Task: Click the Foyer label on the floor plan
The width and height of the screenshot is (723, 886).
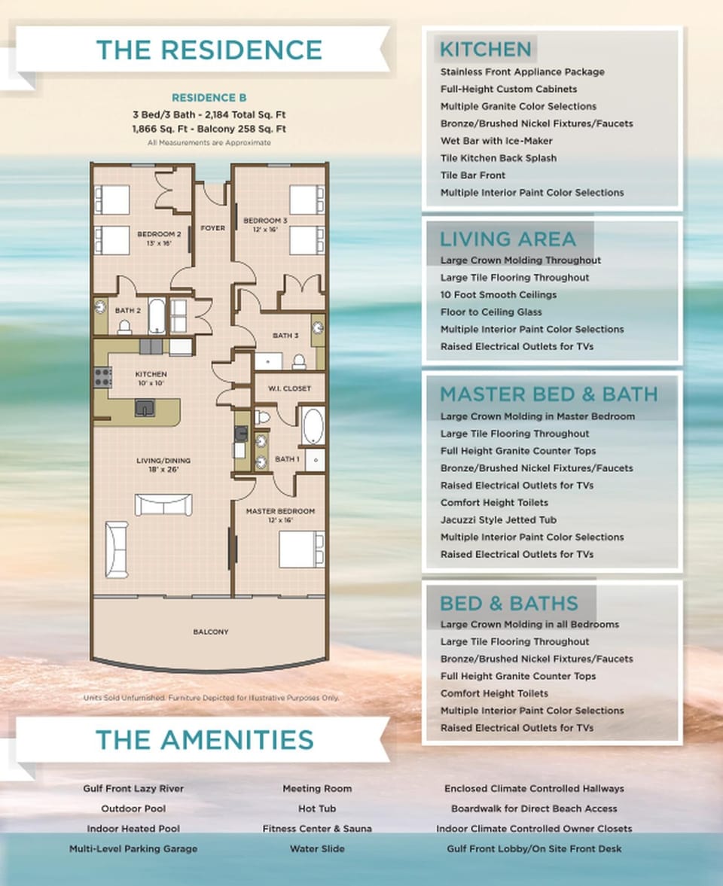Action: (x=212, y=228)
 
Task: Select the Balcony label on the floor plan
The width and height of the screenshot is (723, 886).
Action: (x=210, y=632)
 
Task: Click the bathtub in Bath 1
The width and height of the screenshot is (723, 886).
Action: (x=313, y=426)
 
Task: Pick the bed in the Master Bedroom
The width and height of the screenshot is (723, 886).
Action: (x=300, y=550)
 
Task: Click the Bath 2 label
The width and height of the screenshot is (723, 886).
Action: (x=129, y=310)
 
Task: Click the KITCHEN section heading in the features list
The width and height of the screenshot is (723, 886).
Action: (x=485, y=50)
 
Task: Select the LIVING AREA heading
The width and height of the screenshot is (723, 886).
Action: (x=508, y=239)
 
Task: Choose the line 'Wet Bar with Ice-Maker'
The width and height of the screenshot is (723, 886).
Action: (x=496, y=141)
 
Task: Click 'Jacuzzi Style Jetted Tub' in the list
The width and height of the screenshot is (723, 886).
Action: (x=499, y=519)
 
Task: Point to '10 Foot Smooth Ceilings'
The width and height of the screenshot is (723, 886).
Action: (x=499, y=294)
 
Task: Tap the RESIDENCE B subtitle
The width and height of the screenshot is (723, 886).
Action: (x=209, y=98)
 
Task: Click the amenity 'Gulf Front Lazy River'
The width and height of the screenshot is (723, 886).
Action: (x=133, y=788)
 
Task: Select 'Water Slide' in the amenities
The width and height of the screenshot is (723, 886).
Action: (x=317, y=848)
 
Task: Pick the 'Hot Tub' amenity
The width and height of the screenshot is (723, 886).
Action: (x=317, y=808)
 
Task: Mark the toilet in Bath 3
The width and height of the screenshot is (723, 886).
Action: (x=299, y=361)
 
